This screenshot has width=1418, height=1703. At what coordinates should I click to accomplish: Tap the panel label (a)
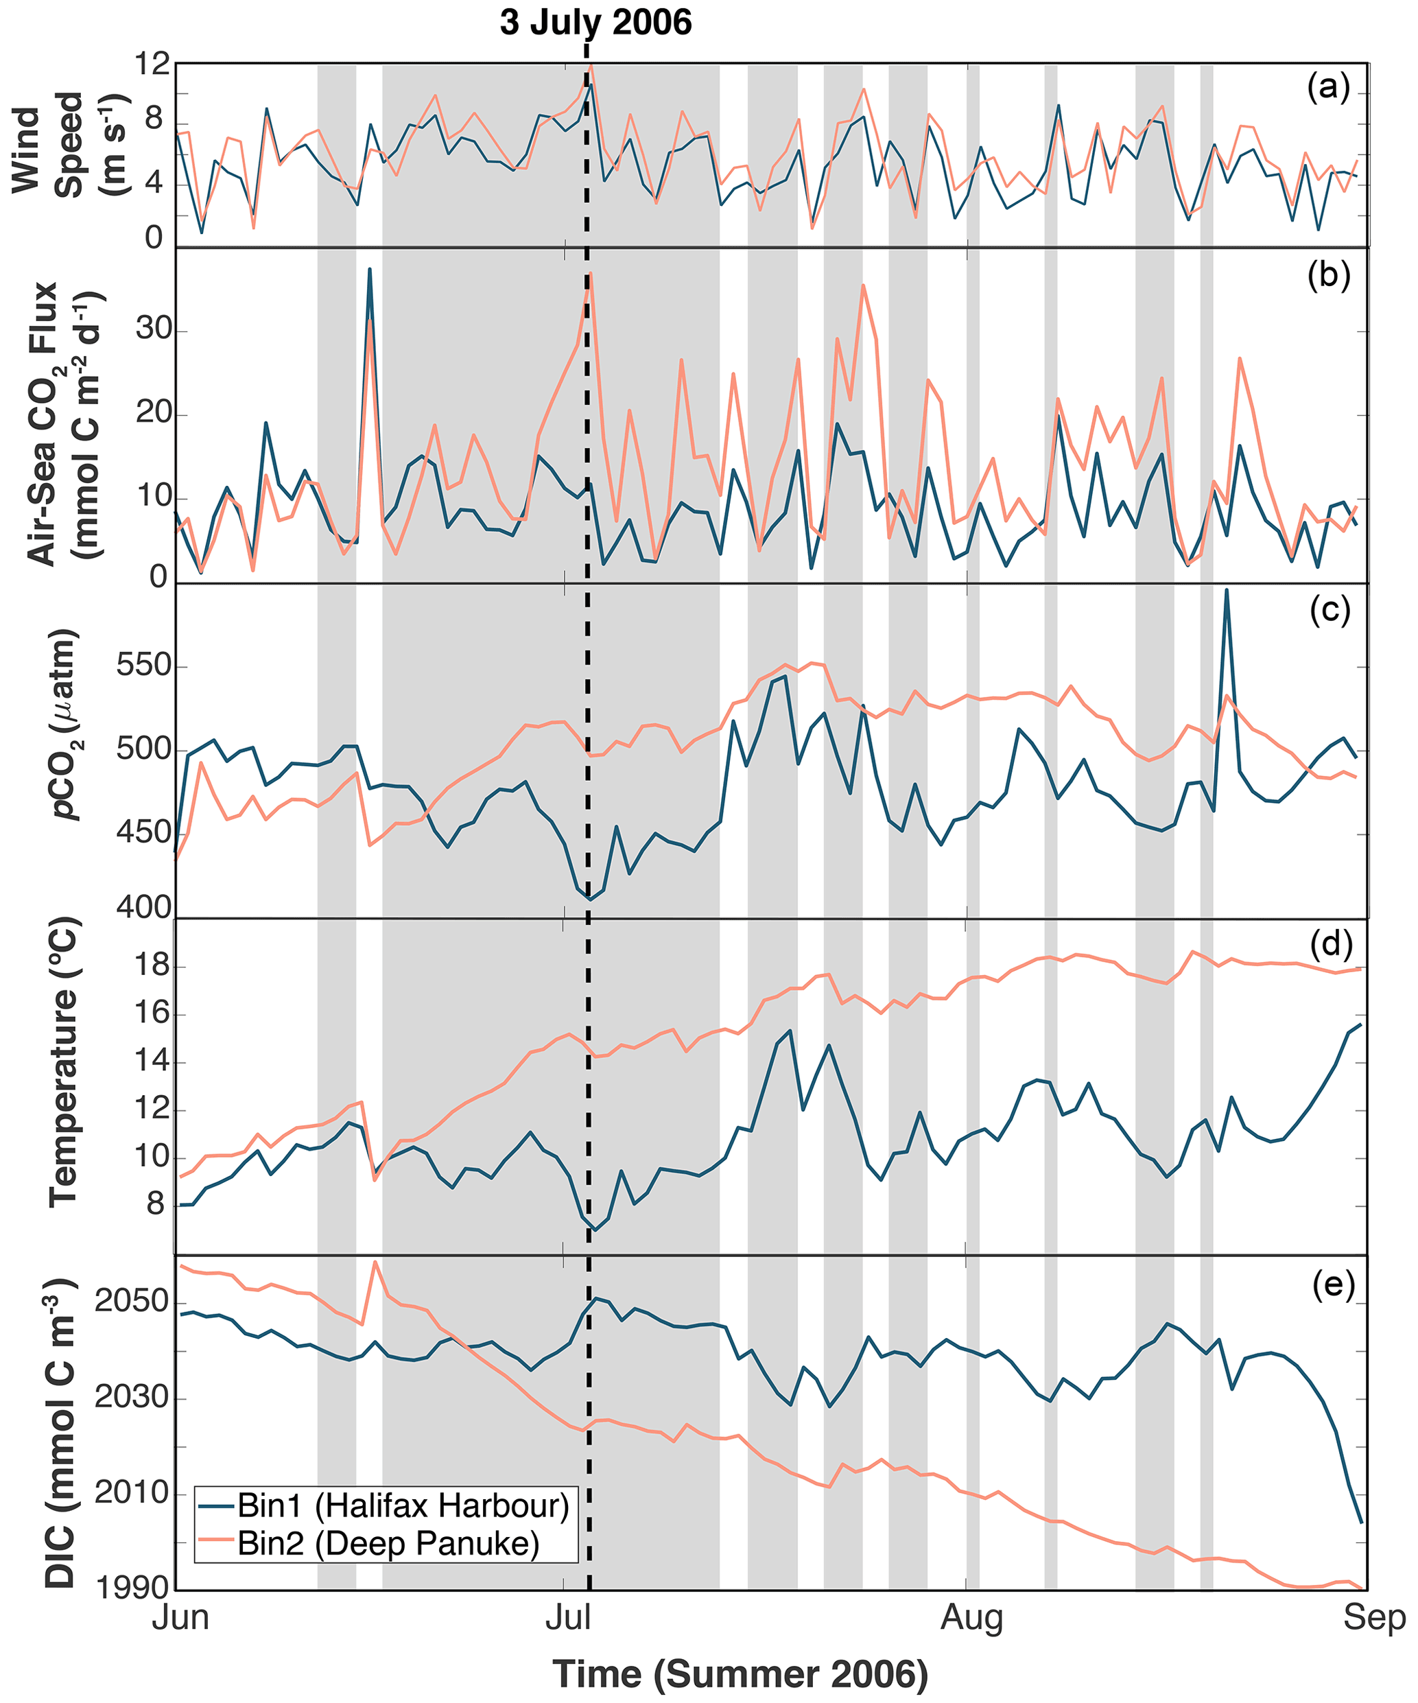(1328, 86)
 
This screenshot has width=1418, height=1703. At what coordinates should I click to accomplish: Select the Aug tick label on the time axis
(971, 1618)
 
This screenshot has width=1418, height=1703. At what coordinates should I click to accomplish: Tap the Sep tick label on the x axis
(1373, 1618)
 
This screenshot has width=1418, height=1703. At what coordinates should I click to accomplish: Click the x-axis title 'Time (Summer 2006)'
(740, 1673)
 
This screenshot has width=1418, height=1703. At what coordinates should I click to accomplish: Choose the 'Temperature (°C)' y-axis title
(63, 1062)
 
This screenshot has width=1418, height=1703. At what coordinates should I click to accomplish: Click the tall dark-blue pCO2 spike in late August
(1226, 592)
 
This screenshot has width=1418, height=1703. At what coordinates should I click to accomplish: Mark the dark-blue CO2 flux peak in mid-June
(370, 270)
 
